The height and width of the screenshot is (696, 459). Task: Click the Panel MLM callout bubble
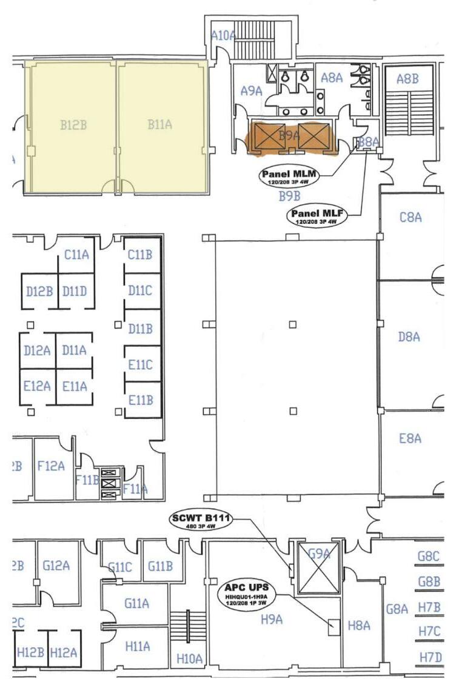click(x=289, y=176)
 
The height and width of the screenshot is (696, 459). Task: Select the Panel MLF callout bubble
click(x=315, y=215)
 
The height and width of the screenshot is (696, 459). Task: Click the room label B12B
click(x=73, y=125)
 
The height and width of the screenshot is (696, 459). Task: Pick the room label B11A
click(x=160, y=124)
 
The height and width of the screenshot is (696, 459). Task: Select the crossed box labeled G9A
click(x=317, y=568)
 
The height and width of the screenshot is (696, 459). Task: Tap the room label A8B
click(x=407, y=78)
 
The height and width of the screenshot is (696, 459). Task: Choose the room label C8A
click(x=410, y=217)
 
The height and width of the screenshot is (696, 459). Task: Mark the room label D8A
click(x=409, y=336)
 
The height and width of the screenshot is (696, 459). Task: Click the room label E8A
click(x=410, y=438)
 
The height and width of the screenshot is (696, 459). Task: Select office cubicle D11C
click(x=140, y=291)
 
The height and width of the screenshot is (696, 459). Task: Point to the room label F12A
click(x=51, y=466)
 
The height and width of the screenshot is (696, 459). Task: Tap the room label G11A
click(x=136, y=603)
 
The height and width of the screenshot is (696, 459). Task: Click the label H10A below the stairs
click(x=189, y=657)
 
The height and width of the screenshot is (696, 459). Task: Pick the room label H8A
click(x=359, y=625)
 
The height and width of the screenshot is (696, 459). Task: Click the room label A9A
click(x=251, y=91)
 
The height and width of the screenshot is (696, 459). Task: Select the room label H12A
click(x=64, y=652)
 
